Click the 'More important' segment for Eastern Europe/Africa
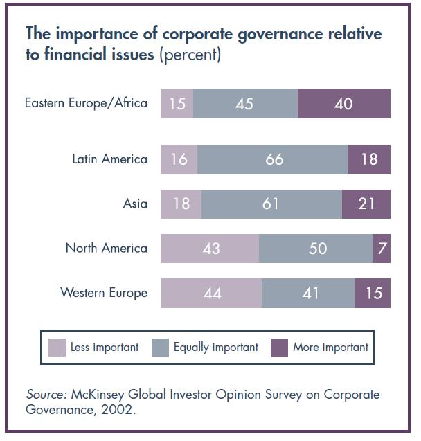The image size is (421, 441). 343,104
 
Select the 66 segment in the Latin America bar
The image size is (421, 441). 273,159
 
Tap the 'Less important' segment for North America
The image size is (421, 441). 210,248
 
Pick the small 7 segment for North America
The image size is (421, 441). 382,248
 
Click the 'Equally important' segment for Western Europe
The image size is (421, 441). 308,293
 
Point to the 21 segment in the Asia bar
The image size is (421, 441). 366,204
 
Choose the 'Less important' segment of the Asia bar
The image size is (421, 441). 181,204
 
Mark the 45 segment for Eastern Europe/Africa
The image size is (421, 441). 244,104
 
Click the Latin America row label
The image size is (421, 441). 109,159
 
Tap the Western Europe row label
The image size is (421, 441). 104,293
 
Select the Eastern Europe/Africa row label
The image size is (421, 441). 86,104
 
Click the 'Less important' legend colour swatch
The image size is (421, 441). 57,347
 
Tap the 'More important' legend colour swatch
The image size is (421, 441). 279,347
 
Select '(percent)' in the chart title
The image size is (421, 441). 190,55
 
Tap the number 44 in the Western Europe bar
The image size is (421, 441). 213,293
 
